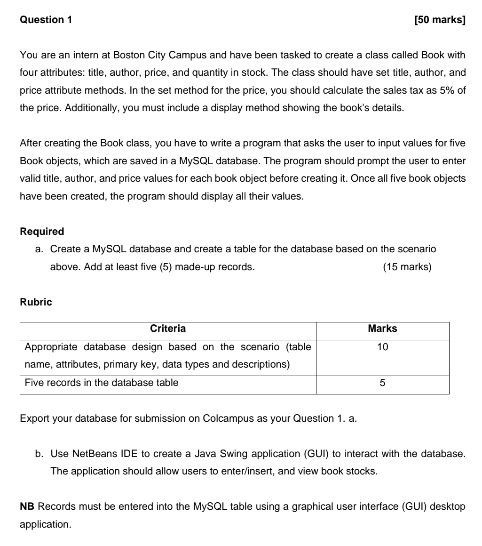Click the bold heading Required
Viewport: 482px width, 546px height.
coord(42,232)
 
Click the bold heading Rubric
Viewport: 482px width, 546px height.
coord(36,303)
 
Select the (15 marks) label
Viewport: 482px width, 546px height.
coord(407,267)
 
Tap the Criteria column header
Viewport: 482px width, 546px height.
coord(168,329)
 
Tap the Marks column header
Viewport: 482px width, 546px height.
coord(382,329)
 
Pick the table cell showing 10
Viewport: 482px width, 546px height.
coord(382,347)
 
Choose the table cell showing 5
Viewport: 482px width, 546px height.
coord(382,383)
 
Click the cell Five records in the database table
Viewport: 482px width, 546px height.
coord(102,383)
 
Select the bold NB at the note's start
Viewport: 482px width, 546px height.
coord(27,506)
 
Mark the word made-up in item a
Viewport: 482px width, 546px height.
coord(199,267)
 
